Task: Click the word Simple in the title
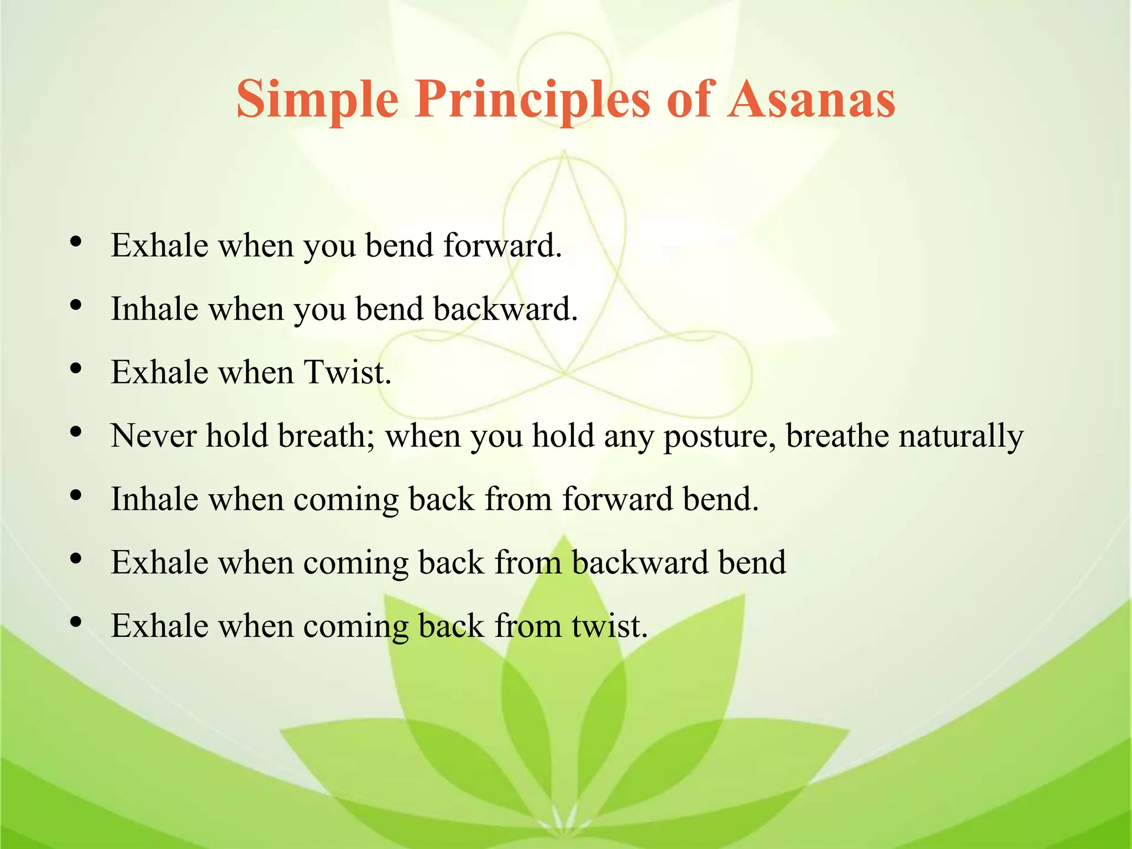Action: (317, 99)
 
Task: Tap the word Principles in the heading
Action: (532, 99)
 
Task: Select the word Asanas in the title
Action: (811, 99)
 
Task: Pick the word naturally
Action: (961, 437)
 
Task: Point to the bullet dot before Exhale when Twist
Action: (76, 369)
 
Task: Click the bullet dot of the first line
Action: (76, 242)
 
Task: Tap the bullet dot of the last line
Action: (76, 623)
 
